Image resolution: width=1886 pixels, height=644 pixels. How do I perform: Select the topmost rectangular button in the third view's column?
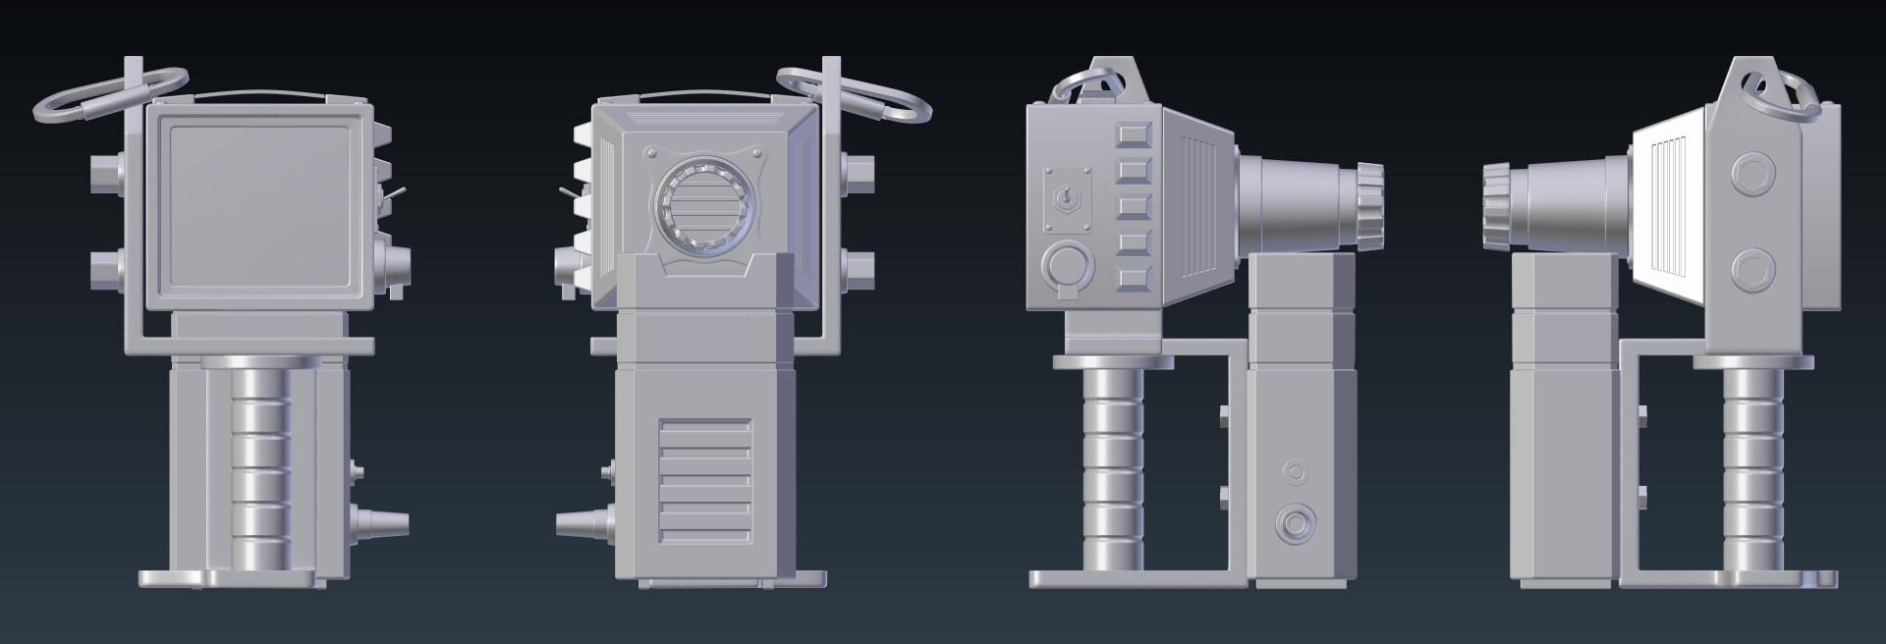[x=1135, y=134]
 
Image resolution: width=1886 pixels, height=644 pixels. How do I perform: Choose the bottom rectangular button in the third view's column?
[x=1135, y=280]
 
